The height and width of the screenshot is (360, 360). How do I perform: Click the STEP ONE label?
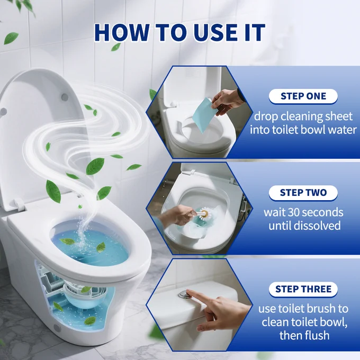point(303,96)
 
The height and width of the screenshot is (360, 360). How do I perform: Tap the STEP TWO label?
point(303,193)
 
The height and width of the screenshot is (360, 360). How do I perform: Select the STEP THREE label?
point(303,289)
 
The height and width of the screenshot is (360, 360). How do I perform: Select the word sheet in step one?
point(340,116)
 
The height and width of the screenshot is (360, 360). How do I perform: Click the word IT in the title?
point(253,33)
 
